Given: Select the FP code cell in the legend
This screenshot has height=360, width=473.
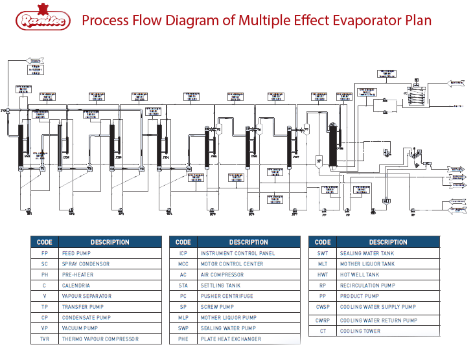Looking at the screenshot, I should (x=44, y=253).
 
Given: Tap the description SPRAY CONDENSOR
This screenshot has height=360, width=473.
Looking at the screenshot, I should (x=86, y=264).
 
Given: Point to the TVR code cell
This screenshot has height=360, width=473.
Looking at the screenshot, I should (x=44, y=339).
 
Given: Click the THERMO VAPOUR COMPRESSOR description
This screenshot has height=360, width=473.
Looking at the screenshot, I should (x=100, y=339).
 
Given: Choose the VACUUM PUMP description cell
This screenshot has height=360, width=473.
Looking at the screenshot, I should (x=80, y=328).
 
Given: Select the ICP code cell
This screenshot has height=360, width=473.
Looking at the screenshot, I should (x=183, y=253).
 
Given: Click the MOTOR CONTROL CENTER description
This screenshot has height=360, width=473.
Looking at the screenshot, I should (x=231, y=264).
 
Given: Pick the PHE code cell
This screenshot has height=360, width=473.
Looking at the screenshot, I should (x=183, y=339).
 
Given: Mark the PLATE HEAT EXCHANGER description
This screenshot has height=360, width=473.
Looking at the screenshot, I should (x=231, y=339).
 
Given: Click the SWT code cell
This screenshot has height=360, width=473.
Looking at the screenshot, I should (x=322, y=253).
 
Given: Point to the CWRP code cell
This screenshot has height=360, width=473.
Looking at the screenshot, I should (x=322, y=321).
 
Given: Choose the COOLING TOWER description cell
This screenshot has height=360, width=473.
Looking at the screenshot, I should (x=360, y=332).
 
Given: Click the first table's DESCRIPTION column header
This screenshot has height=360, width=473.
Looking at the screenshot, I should (x=110, y=242).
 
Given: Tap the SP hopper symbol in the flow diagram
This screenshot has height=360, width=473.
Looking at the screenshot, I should (x=319, y=160).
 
